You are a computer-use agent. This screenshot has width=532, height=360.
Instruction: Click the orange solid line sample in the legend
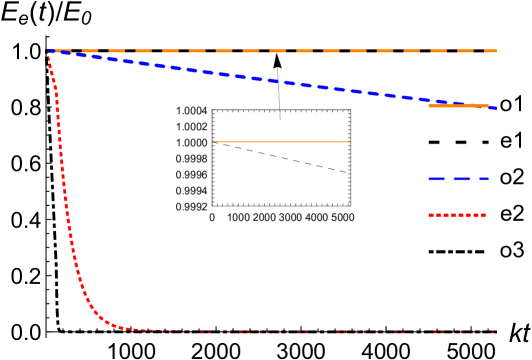[x=458, y=106]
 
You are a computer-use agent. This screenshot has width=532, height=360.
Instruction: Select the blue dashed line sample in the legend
[x=458, y=179]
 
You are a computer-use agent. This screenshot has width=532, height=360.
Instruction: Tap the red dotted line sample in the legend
[x=457, y=215]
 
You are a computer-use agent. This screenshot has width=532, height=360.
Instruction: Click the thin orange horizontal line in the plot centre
[x=282, y=142]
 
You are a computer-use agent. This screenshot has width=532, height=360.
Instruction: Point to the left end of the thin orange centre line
[x=214, y=142]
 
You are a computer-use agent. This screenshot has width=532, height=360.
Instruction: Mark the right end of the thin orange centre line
[x=350, y=142]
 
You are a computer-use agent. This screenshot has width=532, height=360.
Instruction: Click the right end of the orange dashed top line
[x=496, y=50]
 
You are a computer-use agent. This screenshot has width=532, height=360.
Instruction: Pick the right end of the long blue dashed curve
[x=496, y=108]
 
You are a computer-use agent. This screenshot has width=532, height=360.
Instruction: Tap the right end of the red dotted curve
[x=494, y=331]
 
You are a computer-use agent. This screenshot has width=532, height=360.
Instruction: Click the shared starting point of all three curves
[x=49, y=51]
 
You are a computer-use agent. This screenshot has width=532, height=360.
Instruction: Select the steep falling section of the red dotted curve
[x=63, y=180]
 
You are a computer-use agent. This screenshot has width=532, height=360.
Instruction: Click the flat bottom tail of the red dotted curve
[x=300, y=331]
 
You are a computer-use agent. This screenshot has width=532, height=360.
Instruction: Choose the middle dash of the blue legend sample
[x=459, y=179]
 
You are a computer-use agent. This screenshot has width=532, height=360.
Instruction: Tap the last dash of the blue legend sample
[x=482, y=179]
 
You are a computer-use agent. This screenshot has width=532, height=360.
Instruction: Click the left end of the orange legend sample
[x=429, y=106]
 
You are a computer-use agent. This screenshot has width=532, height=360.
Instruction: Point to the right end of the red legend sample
[x=485, y=215]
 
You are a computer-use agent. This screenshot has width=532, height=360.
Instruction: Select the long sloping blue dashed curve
[x=270, y=78]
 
